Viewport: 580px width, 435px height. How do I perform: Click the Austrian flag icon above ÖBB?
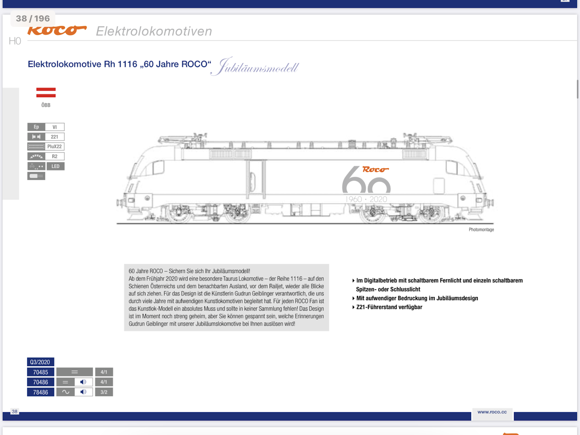click(46, 92)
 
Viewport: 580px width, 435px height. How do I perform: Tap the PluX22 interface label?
click(54, 146)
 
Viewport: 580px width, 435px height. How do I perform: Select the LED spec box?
click(55, 166)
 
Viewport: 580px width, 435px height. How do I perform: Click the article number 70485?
click(41, 372)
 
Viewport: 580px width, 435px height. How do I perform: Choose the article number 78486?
click(41, 392)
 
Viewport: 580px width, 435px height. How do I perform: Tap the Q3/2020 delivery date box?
click(40, 362)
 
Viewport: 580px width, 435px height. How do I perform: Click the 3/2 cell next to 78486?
click(104, 392)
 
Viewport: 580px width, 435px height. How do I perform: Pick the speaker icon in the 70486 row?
click(83, 382)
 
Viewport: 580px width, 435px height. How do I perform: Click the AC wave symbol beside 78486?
click(66, 392)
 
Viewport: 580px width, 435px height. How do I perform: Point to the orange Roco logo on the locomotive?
click(375, 169)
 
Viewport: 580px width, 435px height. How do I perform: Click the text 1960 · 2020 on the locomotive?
click(366, 199)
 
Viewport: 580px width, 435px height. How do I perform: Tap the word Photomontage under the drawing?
click(481, 229)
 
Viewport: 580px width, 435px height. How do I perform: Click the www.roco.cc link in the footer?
click(492, 412)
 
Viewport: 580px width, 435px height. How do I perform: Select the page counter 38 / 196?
click(33, 18)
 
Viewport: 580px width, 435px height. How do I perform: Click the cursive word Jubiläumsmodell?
click(257, 67)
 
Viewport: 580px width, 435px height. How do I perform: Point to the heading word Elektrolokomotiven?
click(154, 31)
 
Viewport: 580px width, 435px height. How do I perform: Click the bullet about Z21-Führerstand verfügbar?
click(389, 307)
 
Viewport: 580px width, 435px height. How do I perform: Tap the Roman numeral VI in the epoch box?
click(54, 127)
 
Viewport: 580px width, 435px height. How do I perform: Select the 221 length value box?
click(54, 137)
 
